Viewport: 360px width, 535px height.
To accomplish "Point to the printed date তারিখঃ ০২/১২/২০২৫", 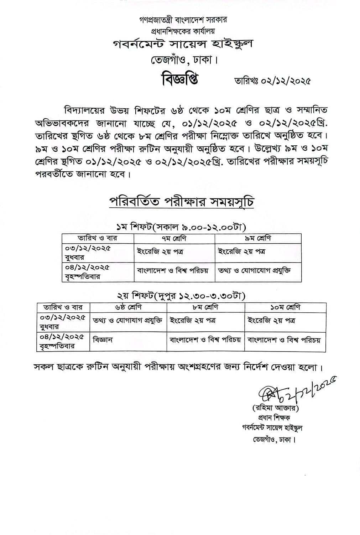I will (272, 81).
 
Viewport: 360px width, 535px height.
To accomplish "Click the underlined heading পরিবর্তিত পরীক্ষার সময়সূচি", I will (182, 202).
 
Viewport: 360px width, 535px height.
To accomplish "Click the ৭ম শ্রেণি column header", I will (174, 238).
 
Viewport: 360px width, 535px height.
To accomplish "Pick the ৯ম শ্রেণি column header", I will (258, 238).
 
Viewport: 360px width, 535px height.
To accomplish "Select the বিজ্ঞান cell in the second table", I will (103, 340).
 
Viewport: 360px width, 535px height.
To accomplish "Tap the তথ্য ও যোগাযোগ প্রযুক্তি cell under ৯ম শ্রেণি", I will (254, 270).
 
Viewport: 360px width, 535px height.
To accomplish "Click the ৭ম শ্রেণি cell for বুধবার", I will (160, 251).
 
